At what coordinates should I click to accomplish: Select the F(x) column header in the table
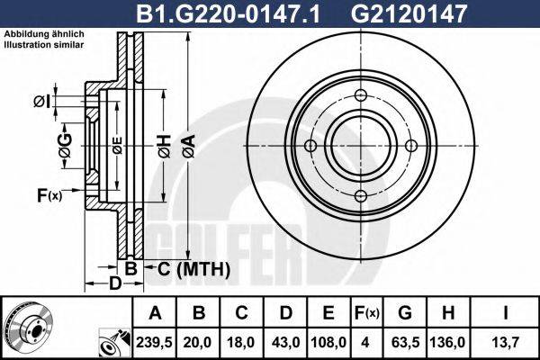point(368,313)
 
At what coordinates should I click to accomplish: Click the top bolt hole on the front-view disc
point(360,98)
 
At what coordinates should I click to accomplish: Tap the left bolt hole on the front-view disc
point(310,147)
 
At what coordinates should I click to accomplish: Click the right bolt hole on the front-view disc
point(410,147)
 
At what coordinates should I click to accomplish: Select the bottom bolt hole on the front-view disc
point(360,196)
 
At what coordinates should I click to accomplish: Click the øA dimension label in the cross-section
point(186,144)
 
